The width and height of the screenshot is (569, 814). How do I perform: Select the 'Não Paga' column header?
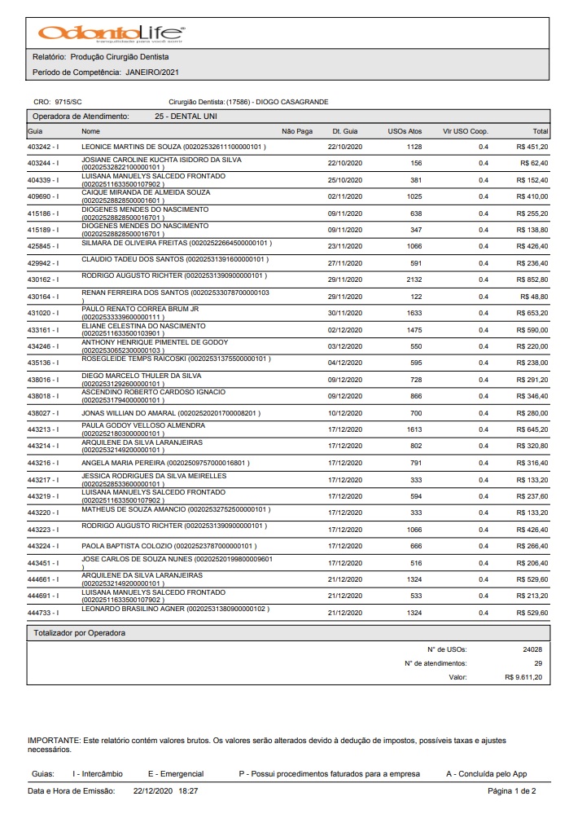(297, 130)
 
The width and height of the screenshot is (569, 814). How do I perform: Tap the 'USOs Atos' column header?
(405, 130)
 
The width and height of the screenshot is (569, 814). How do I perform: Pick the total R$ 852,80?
(532, 279)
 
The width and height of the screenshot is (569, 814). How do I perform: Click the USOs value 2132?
(413, 279)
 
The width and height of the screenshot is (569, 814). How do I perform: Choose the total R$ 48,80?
(535, 297)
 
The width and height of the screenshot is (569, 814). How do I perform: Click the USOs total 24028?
(532, 649)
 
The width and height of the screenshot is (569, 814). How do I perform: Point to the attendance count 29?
(538, 663)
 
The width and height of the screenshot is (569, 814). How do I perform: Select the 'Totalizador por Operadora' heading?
(79, 632)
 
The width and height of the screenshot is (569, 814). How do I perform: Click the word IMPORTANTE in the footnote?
(53, 740)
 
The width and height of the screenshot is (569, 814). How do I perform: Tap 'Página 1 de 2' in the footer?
(511, 791)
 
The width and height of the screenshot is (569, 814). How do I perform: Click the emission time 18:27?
(189, 791)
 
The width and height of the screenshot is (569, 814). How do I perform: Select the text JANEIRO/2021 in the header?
(152, 72)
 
